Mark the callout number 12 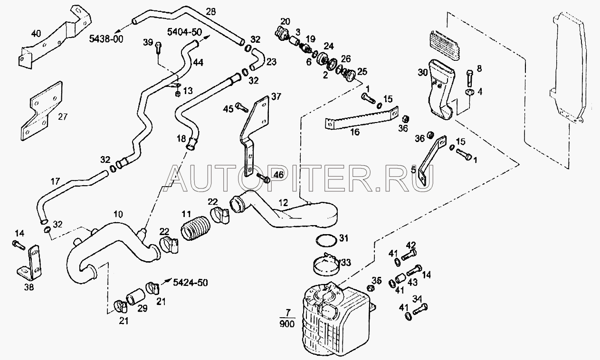coord(284,203)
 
